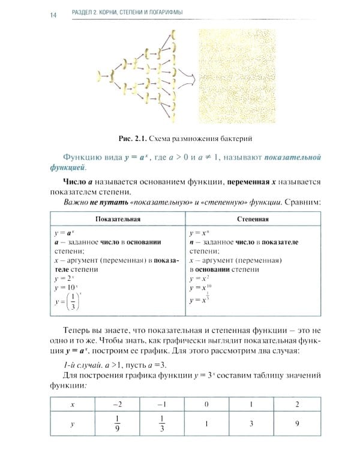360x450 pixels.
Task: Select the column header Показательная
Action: coord(117,219)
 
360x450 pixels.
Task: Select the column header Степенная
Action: coord(253,219)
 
